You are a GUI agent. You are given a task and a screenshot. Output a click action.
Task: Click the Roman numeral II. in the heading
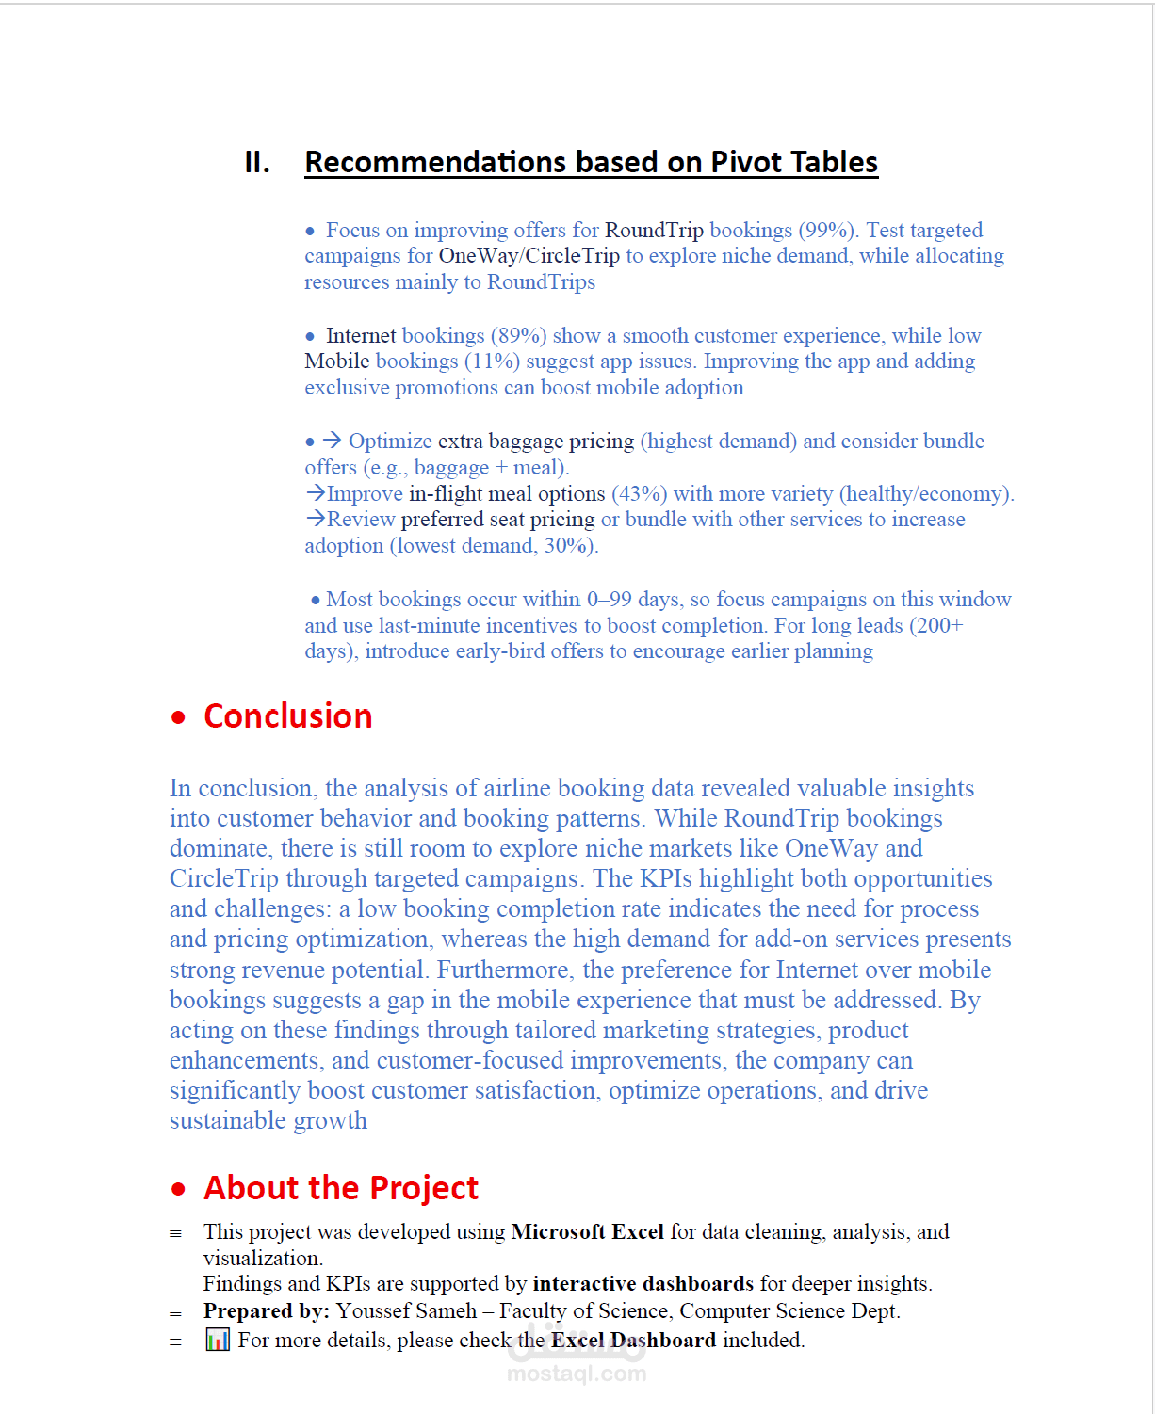(x=257, y=163)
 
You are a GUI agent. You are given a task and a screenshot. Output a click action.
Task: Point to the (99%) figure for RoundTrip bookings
(x=828, y=231)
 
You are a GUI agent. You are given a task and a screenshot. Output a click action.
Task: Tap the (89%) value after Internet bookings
(x=518, y=336)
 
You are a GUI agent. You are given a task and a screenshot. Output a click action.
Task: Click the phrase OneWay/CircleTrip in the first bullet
(x=529, y=256)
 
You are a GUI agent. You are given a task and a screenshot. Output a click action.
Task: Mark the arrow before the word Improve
(x=315, y=493)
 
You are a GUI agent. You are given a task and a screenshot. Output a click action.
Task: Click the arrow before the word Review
(x=315, y=520)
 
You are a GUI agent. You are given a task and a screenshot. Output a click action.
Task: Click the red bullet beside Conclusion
(x=179, y=717)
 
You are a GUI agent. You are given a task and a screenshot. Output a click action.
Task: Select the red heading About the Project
(x=341, y=1188)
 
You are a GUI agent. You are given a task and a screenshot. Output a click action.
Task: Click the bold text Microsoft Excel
(x=587, y=1232)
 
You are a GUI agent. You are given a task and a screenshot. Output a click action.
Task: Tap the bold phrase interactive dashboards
(x=643, y=1284)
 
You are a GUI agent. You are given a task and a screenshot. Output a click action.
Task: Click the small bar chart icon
(x=218, y=1340)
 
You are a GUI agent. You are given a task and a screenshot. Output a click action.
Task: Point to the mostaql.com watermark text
(x=577, y=1374)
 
